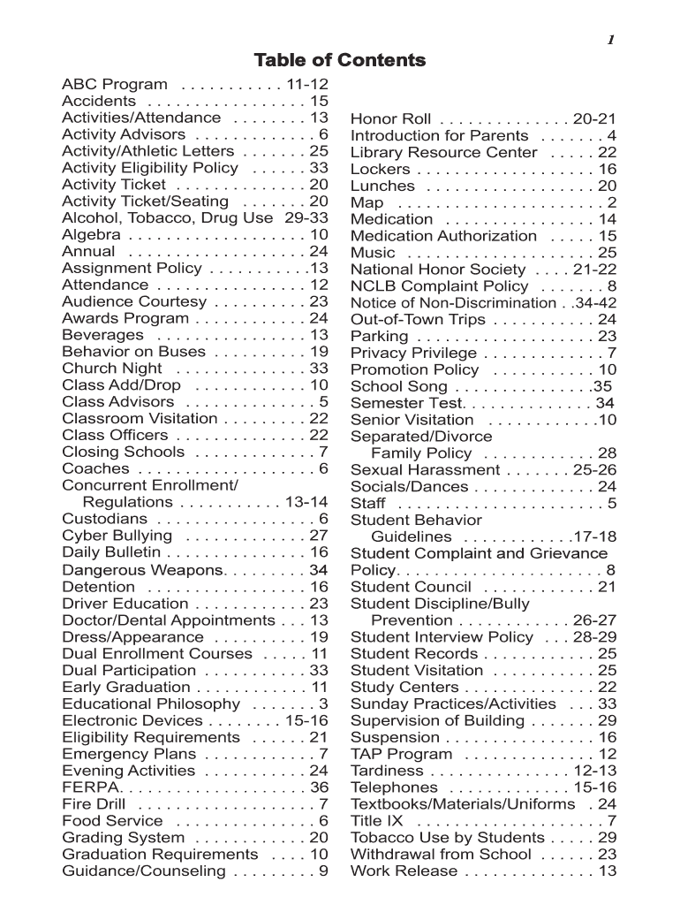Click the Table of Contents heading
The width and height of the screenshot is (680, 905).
click(x=340, y=60)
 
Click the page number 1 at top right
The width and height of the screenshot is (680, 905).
click(x=609, y=39)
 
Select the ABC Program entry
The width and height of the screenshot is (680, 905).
click(x=115, y=85)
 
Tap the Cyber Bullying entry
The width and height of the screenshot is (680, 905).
click(x=117, y=536)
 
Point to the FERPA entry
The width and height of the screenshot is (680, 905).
click(x=87, y=787)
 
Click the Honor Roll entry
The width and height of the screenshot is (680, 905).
click(x=391, y=119)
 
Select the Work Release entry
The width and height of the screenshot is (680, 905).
click(x=404, y=871)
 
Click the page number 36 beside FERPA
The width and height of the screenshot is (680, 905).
click(x=319, y=787)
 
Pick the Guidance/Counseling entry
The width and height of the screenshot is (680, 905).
click(x=144, y=871)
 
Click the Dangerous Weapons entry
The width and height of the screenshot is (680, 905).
click(x=142, y=570)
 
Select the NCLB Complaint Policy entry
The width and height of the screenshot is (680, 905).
click(x=440, y=286)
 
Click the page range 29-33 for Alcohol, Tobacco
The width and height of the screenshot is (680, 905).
click(x=306, y=218)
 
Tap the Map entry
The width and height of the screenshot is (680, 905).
click(x=367, y=203)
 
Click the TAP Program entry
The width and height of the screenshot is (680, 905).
click(x=401, y=755)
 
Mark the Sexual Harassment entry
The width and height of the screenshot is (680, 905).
click(x=425, y=470)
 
